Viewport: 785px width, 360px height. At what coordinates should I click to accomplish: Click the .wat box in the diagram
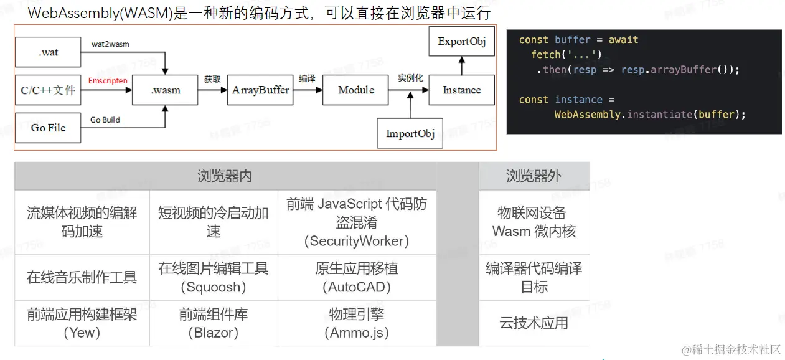(x=48, y=52)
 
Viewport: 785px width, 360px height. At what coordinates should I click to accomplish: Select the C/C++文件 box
(x=48, y=90)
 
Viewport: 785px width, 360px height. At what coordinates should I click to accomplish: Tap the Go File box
(x=48, y=128)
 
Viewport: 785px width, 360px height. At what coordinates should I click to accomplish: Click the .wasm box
(x=166, y=90)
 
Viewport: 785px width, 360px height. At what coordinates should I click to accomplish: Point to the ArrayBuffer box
(x=260, y=90)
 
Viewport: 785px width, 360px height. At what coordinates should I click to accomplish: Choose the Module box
(x=355, y=90)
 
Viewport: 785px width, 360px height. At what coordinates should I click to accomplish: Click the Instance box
(x=461, y=90)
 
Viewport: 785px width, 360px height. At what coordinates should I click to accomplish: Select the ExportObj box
(x=461, y=42)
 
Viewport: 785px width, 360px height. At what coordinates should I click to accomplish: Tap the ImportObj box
(x=410, y=133)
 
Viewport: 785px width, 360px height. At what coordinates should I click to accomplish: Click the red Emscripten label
(x=108, y=81)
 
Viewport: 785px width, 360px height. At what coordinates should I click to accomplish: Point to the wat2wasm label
(x=110, y=44)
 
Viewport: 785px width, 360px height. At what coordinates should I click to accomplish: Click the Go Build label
(x=105, y=120)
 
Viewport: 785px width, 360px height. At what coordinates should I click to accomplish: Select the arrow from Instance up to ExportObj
(x=461, y=65)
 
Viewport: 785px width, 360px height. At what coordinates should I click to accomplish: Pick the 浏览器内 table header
(x=225, y=176)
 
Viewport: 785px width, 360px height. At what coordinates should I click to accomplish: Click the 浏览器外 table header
(x=534, y=176)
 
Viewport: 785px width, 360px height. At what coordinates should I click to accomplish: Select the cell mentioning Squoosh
(x=214, y=277)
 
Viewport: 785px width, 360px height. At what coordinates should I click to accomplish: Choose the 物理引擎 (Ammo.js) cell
(x=357, y=323)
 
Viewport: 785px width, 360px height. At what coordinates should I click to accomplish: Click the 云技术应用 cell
(x=534, y=323)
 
